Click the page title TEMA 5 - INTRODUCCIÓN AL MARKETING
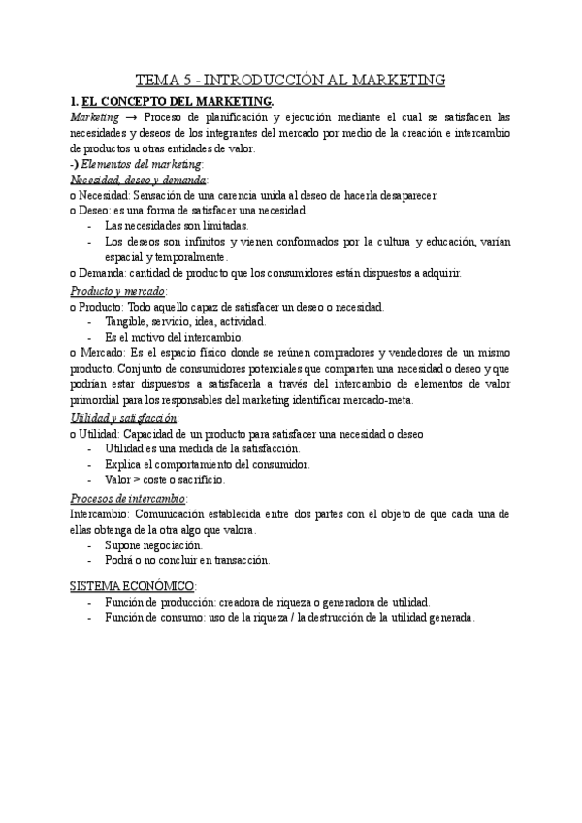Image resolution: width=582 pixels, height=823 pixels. coord(290,80)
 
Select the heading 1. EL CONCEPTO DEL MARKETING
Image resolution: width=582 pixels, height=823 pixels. coord(171,102)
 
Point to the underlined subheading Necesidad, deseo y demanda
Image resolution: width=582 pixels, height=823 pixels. coord(138,180)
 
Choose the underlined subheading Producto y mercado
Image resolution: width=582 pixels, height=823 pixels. coord(117,289)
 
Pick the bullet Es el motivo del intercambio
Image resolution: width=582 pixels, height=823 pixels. coord(173,336)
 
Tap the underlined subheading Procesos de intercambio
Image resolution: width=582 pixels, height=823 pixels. coord(129,497)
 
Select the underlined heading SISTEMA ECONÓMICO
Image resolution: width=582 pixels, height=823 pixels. coord(133,586)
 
